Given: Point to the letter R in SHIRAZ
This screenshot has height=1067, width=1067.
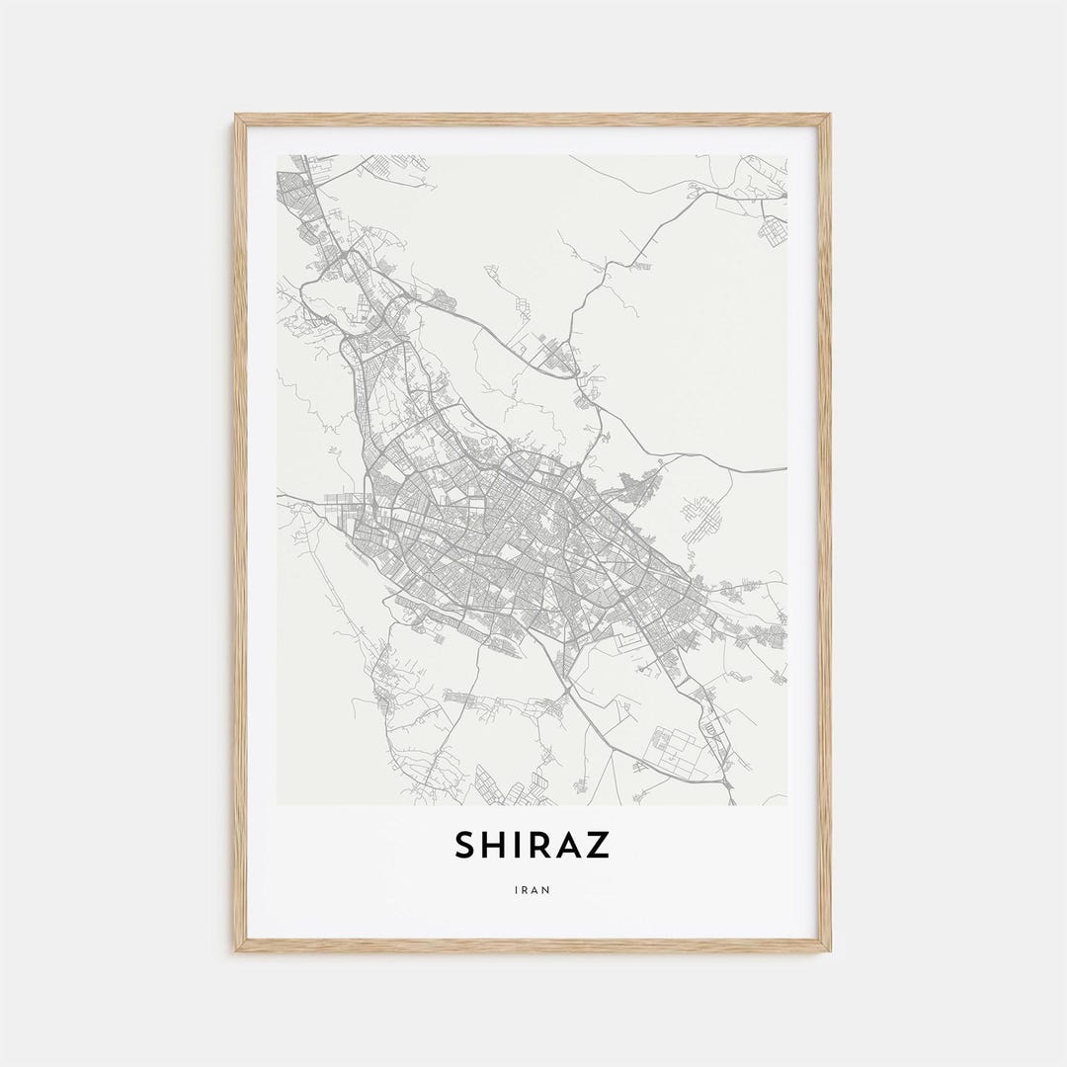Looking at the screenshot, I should (544, 845).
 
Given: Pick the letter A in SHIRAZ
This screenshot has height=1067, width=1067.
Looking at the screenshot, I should (572, 845).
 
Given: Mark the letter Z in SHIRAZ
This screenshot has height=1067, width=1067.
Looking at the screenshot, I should (600, 845).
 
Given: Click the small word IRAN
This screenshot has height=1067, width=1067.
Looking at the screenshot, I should (533, 890).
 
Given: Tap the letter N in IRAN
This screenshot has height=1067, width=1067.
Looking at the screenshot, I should (546, 890).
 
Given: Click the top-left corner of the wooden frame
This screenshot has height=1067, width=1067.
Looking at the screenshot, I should (237, 117).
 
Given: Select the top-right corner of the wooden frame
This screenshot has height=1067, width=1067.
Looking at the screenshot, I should (828, 117).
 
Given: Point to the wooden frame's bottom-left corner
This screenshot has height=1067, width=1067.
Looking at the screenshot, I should (237, 949).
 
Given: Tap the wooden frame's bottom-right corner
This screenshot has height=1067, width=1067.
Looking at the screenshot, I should (828, 949).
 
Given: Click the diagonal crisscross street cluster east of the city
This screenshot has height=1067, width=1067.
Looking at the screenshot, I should (700, 514).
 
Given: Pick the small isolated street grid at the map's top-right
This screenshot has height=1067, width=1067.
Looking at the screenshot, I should (772, 230).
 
